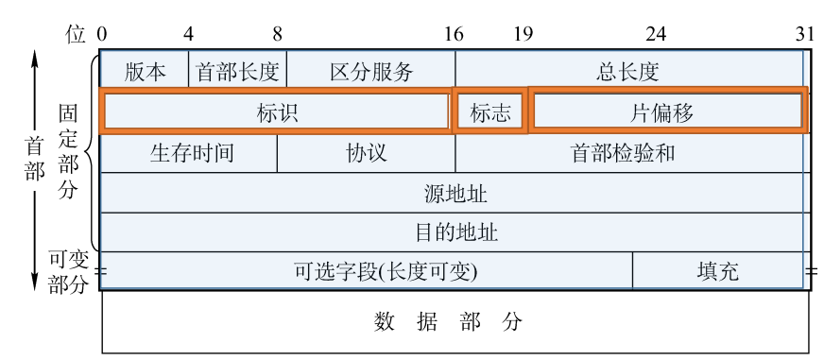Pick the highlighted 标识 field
(277, 111)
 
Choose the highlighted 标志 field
(490, 111)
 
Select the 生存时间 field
(189, 153)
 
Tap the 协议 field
(367, 153)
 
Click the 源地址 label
(455, 194)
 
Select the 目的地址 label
(456, 231)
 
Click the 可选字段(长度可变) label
(386, 271)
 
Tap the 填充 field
(718, 271)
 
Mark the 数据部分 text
(448, 321)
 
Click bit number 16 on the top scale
(455, 35)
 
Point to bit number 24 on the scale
(655, 35)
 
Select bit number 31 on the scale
(804, 35)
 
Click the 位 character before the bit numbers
(76, 35)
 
